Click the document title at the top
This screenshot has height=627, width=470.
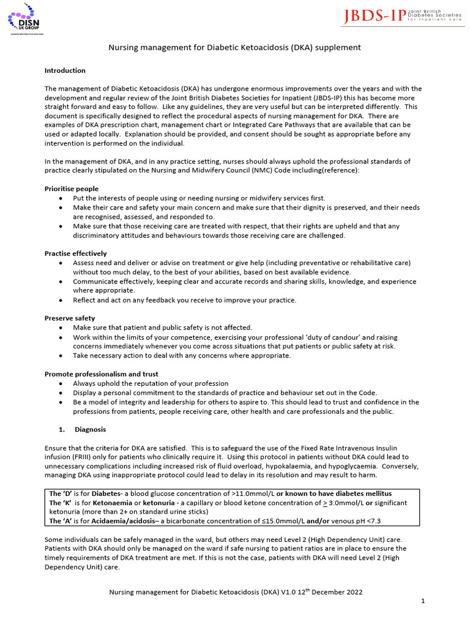234,47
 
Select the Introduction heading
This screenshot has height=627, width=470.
65,70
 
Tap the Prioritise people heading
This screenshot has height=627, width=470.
72,189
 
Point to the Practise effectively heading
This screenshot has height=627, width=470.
75,253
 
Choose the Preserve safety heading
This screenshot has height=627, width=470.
70,318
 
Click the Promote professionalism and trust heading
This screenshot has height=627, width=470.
101,374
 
